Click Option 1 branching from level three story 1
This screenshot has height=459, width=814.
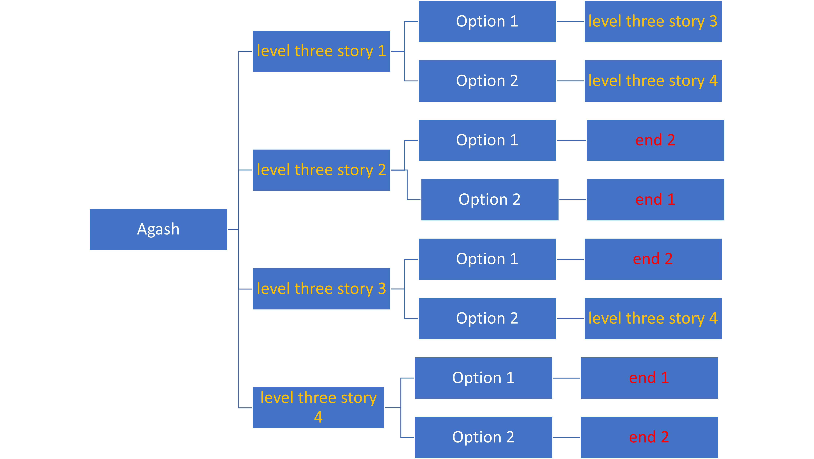(487, 21)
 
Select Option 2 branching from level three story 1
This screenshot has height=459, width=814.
(487, 81)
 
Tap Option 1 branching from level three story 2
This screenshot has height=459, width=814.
(487, 140)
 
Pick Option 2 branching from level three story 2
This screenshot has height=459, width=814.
(490, 200)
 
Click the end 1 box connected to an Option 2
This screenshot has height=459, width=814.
(655, 200)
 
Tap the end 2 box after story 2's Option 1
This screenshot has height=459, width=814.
(655, 140)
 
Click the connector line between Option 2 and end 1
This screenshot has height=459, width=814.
(573, 200)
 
